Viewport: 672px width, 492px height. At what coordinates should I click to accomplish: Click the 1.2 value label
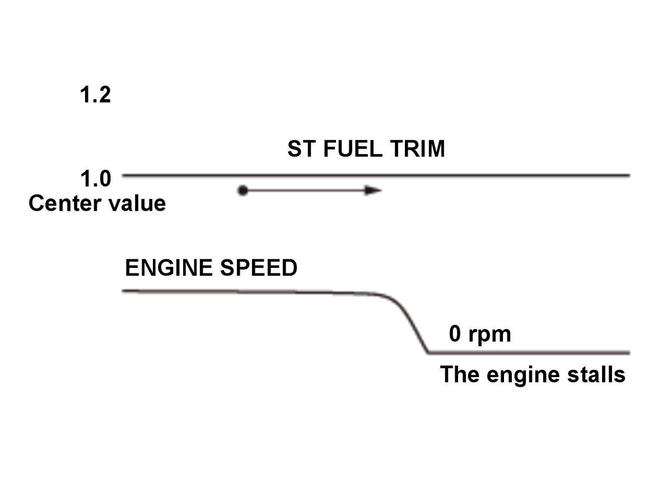[95, 95]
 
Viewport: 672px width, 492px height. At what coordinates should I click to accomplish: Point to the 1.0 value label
[96, 179]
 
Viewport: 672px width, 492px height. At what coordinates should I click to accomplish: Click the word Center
[65, 203]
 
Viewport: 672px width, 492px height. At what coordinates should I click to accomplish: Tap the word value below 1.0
[137, 203]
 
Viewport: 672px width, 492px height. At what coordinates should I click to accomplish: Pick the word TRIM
[418, 149]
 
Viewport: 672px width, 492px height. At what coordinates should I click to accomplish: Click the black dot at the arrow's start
[242, 191]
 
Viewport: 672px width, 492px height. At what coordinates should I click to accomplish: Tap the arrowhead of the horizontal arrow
[372, 191]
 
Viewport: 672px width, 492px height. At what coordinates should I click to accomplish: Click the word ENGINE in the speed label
[169, 268]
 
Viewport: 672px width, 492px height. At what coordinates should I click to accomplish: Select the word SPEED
[259, 268]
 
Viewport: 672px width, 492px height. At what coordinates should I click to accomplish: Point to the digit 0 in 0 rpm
[455, 333]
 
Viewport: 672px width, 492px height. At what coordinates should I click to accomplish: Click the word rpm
[489, 335]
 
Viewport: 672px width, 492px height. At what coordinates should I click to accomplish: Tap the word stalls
[597, 375]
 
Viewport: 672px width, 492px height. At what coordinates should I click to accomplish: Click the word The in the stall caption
[460, 375]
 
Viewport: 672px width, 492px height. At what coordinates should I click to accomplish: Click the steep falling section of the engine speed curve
[410, 323]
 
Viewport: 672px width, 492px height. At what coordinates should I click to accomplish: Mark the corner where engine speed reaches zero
[429, 352]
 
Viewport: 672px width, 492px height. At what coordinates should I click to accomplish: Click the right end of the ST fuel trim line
[629, 175]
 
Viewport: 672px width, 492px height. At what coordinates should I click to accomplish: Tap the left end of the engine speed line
[123, 291]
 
